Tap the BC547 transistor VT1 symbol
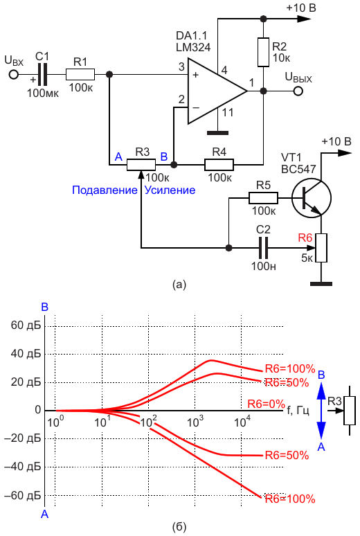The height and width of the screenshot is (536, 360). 311,198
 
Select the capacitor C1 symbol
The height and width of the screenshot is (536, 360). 42,74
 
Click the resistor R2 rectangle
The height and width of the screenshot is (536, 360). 263,52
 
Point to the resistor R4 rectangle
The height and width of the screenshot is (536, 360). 219,165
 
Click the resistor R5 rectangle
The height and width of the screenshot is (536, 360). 263,198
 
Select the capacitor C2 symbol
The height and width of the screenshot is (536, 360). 263,247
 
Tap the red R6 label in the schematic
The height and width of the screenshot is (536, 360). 305,238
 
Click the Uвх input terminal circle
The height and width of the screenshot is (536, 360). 13,74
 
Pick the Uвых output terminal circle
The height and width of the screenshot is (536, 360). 298,91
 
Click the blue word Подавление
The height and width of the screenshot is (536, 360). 105,190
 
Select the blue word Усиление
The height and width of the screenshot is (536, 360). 170,190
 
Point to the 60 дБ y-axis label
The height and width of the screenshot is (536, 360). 26,325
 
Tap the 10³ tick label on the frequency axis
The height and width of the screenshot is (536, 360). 195,422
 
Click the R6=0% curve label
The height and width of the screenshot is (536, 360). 266,404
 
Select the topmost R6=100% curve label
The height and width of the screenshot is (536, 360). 290,368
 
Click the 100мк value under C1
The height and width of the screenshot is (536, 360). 43,93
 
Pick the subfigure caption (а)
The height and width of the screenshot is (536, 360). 179,285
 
